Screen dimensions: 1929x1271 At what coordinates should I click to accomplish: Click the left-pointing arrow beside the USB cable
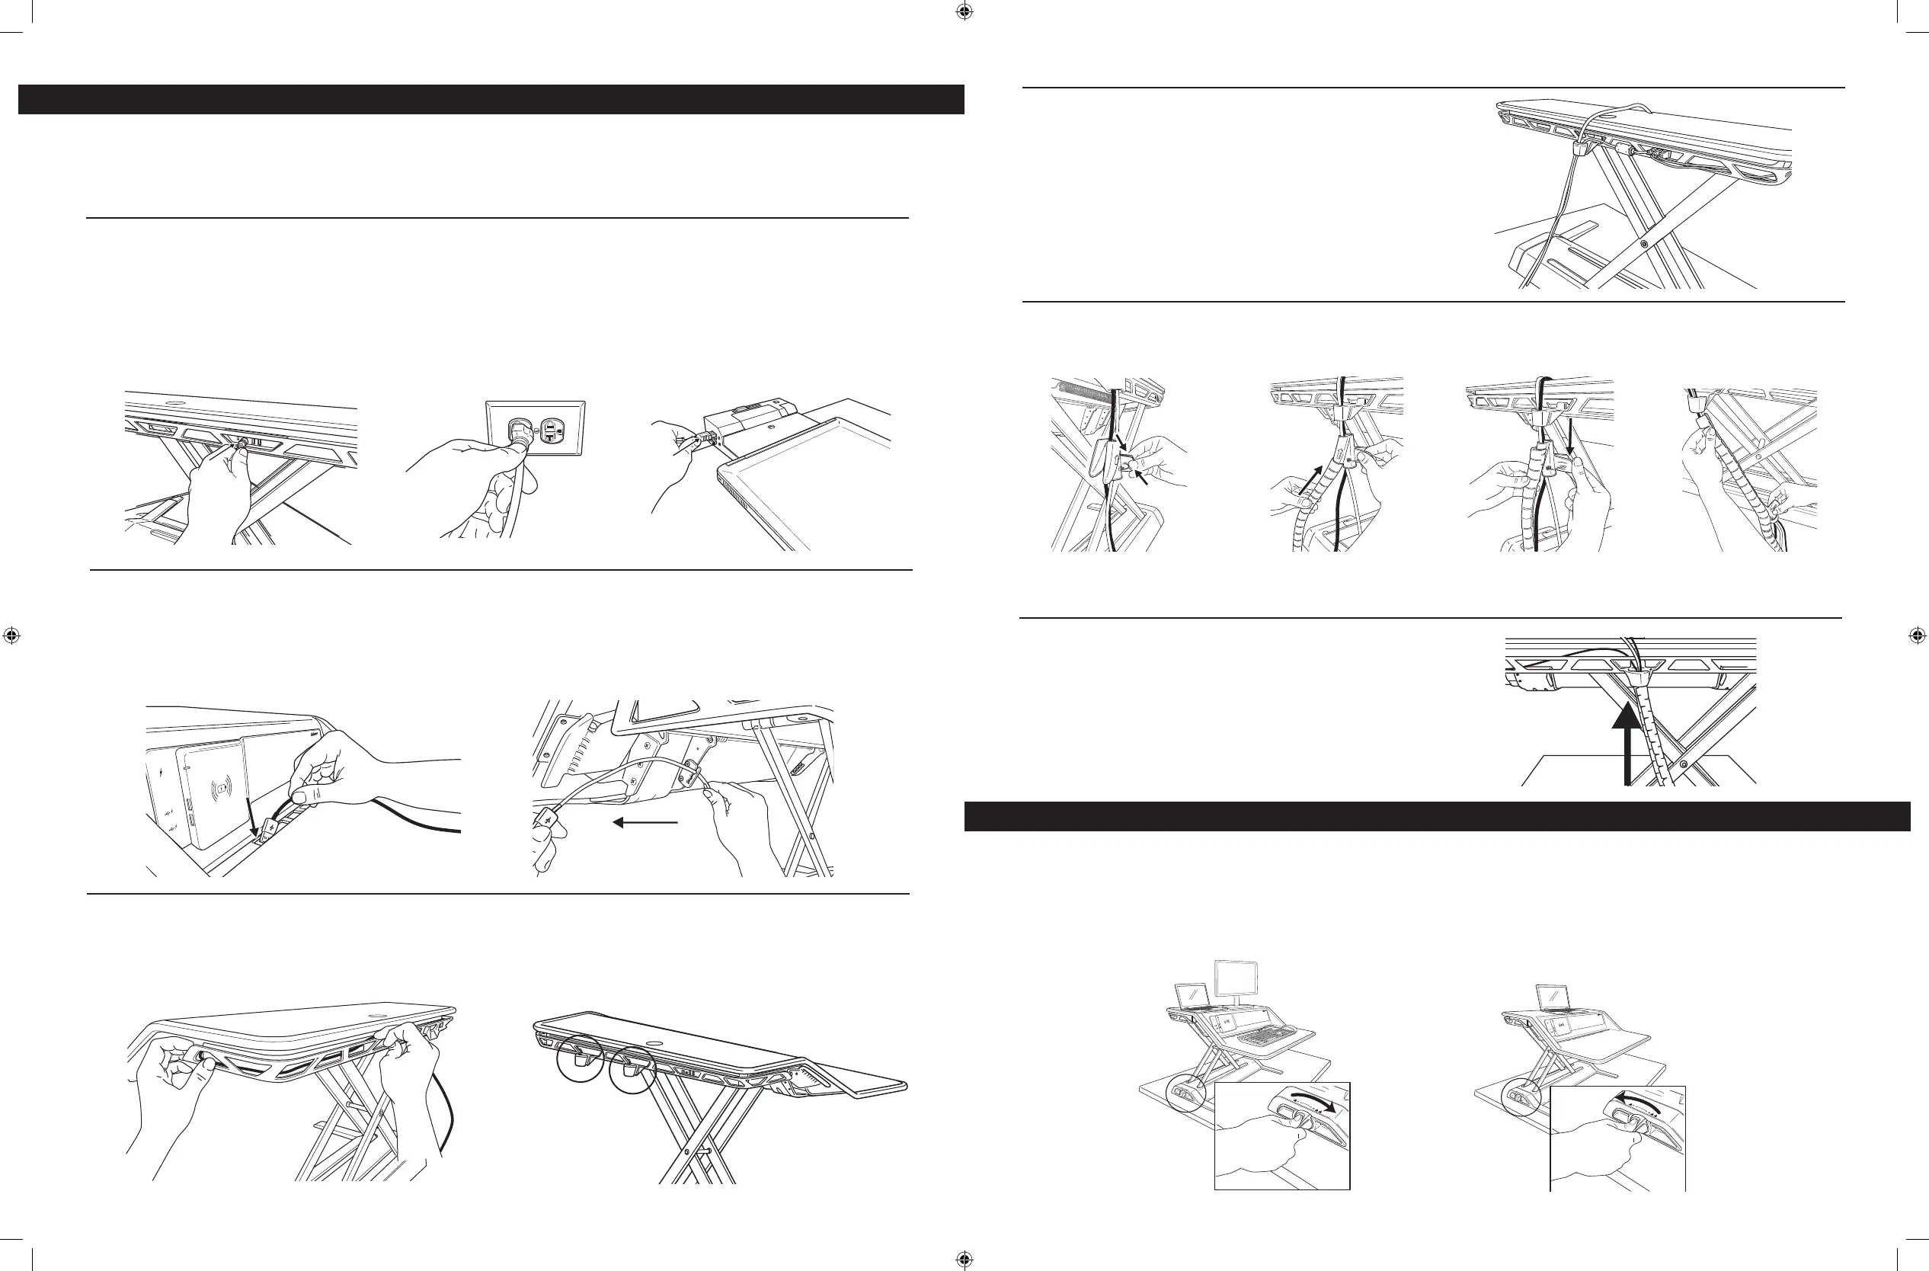click(645, 823)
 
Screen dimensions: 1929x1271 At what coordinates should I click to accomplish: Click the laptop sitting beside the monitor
click(1191, 996)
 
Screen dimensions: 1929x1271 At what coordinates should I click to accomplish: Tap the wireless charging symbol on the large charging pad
click(219, 787)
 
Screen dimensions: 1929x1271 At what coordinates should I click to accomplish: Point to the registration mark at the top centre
click(964, 12)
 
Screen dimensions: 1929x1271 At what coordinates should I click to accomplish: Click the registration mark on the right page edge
click(1917, 635)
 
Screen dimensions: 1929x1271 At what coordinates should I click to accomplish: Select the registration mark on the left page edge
click(11, 635)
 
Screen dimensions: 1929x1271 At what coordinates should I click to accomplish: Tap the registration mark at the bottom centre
click(964, 1259)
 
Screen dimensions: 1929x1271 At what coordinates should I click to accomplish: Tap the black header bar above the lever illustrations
click(1436, 816)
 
